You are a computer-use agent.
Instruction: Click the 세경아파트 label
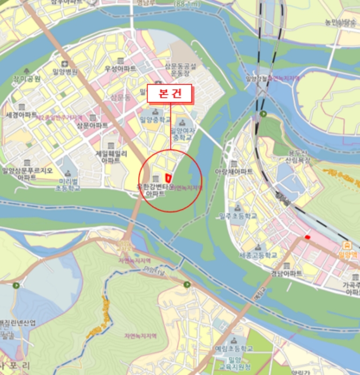point(21,115)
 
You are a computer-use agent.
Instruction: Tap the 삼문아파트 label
point(93,125)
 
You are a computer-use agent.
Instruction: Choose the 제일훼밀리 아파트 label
point(111,156)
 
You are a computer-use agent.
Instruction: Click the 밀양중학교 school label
point(155,119)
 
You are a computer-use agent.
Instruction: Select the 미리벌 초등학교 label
point(69,185)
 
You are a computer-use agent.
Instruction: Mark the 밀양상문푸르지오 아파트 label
point(27,174)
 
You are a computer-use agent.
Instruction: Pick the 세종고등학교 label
point(258,255)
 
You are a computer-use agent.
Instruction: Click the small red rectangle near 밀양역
point(307,237)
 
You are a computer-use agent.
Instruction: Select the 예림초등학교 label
point(235,348)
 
